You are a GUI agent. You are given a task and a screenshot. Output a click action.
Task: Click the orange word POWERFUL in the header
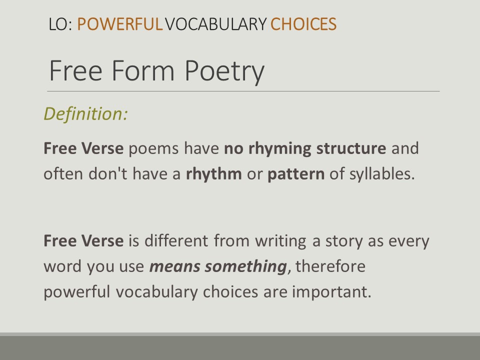119,24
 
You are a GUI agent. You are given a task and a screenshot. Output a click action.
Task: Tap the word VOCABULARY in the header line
216,24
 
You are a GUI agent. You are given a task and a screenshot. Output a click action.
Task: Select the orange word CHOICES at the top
303,24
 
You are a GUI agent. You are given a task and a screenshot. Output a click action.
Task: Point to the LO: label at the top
60,24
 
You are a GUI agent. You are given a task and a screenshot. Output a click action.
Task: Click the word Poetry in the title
224,71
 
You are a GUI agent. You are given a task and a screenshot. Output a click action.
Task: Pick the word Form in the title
143,70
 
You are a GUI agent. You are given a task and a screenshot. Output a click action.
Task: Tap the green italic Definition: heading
85,114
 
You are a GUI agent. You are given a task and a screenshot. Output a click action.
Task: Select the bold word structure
351,148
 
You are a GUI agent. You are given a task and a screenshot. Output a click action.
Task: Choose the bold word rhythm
213,173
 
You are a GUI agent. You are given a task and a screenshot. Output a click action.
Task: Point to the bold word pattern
296,174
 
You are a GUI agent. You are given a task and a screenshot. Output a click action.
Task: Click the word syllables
382,174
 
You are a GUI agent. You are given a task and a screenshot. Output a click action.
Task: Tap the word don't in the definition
108,173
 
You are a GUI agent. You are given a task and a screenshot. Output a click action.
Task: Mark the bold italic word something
246,266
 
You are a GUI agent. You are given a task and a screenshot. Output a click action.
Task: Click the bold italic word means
175,266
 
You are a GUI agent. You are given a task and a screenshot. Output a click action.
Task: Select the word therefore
330,266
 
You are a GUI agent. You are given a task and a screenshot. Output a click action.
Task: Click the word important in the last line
331,292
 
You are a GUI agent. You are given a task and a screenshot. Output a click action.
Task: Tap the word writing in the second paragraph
280,241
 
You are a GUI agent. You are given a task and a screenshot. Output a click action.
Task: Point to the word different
176,240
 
